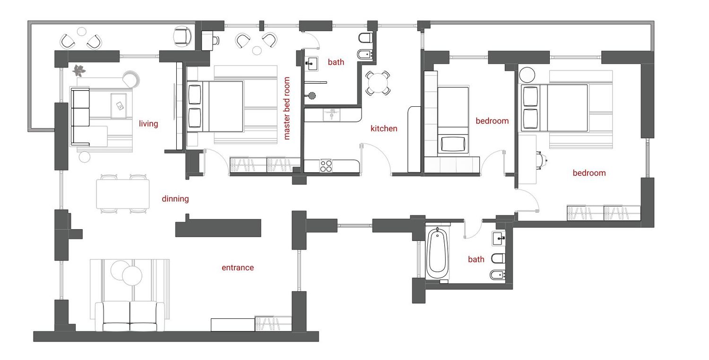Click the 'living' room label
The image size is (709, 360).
click(x=148, y=124)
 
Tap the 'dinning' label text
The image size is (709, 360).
click(x=175, y=199)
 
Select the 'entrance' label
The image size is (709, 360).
click(x=238, y=267)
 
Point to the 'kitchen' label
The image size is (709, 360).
click(x=384, y=129)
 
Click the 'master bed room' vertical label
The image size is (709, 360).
click(x=287, y=108)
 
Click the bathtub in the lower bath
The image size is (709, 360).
click(x=437, y=253)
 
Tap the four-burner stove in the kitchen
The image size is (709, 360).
click(x=326, y=166)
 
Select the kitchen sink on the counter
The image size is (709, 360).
click(x=332, y=114)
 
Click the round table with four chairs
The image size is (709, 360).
click(x=378, y=83)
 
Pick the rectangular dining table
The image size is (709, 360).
click(x=123, y=194)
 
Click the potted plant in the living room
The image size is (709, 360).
click(x=78, y=70)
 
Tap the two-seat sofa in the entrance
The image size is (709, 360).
click(x=130, y=316)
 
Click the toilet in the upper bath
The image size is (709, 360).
click(x=366, y=38)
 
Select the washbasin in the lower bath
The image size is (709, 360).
click(x=499, y=238)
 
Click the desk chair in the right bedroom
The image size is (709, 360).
click(x=541, y=160)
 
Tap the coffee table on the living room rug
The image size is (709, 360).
click(x=119, y=105)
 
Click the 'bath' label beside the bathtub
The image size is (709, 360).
click(x=476, y=259)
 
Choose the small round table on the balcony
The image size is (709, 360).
click(x=82, y=31)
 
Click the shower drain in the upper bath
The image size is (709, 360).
click(x=312, y=95)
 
